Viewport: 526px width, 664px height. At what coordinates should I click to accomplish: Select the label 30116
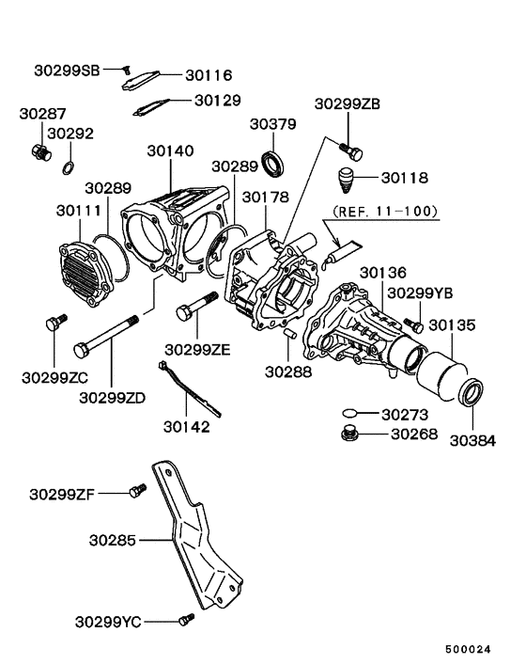click(x=208, y=75)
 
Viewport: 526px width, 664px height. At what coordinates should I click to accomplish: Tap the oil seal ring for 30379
click(x=274, y=163)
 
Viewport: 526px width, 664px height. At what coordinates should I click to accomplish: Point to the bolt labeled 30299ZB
click(x=352, y=149)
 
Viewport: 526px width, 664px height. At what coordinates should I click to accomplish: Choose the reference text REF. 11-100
click(x=384, y=211)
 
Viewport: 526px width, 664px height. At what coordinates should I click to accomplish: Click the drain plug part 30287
click(x=40, y=152)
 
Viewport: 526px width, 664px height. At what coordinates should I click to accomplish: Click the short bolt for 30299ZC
click(x=53, y=324)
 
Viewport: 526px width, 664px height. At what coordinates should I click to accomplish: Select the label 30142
click(x=186, y=426)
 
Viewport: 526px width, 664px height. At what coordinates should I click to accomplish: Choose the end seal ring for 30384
click(x=472, y=389)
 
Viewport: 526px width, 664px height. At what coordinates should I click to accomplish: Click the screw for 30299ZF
click(x=138, y=491)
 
